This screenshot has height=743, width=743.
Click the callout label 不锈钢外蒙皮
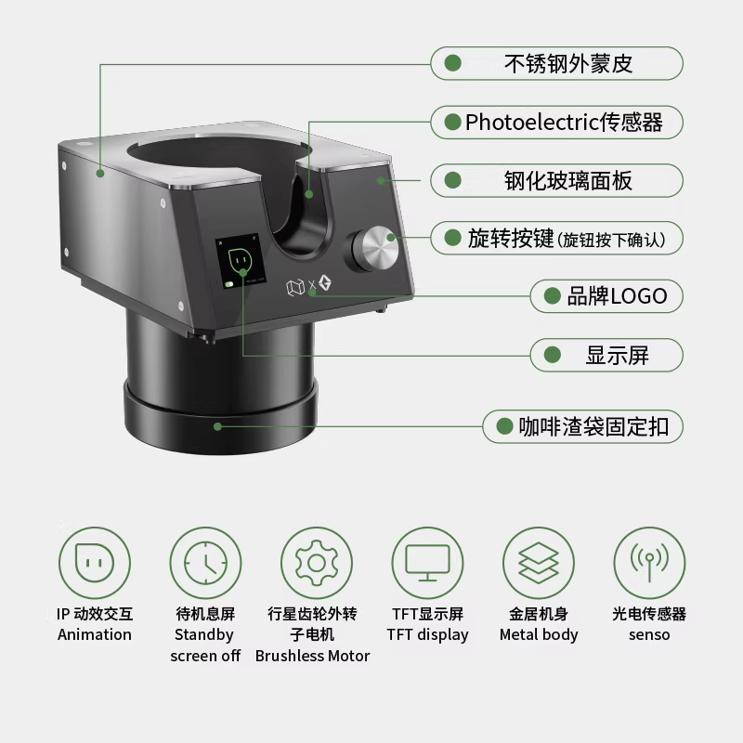point(556,63)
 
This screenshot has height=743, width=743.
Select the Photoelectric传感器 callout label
point(556,122)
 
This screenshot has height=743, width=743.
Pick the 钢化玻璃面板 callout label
point(556,180)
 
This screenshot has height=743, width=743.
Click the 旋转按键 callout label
point(556,239)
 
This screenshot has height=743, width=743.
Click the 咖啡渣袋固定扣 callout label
point(582,426)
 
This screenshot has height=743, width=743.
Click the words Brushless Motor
point(312,656)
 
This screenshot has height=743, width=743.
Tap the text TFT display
point(427,635)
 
